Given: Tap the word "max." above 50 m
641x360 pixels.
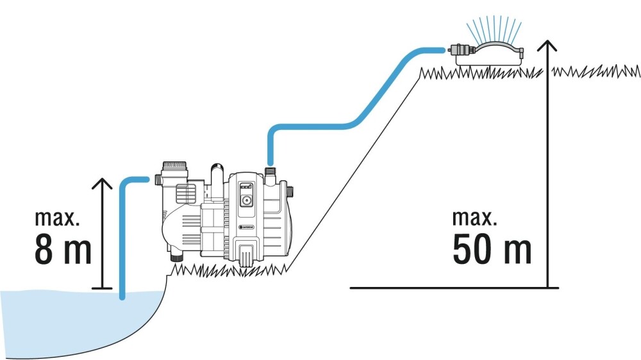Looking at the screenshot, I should [474, 218].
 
